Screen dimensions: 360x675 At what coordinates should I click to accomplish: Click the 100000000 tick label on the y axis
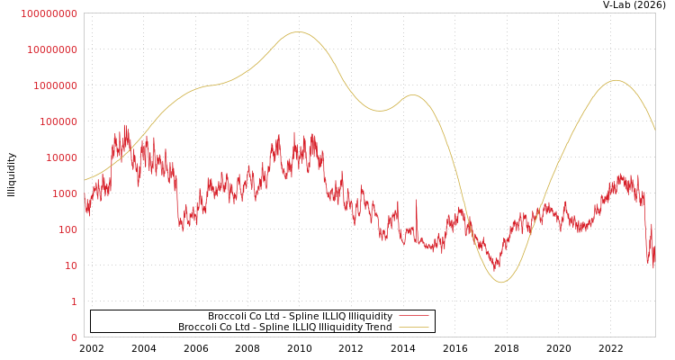coord(49,13)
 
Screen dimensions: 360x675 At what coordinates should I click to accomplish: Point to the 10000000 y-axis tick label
coord(52,49)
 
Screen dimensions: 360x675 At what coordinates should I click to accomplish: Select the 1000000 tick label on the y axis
coord(56,85)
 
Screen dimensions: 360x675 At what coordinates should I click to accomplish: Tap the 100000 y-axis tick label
coord(58,121)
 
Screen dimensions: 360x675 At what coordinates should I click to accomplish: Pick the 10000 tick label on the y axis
coord(61,157)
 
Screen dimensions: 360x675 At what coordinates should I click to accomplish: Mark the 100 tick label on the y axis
coord(67,229)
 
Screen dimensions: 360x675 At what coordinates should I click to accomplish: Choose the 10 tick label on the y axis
coord(71,265)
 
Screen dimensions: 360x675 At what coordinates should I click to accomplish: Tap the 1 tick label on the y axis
coord(74,301)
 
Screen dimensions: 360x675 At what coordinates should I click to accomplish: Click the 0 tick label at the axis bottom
coord(74,337)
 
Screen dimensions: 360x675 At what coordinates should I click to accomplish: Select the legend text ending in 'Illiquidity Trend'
coord(284,328)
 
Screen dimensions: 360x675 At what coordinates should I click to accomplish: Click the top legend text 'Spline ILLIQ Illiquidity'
coord(300,317)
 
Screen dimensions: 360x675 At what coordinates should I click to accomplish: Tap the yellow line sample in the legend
coord(413,328)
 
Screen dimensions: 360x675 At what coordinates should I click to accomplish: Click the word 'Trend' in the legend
coord(377,328)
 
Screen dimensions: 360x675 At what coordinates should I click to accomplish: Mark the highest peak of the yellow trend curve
coord(298,32)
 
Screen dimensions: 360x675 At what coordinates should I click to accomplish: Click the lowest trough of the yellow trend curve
coord(501,283)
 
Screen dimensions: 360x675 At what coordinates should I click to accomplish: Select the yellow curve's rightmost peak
coord(615,81)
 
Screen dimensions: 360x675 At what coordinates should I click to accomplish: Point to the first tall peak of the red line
coord(124,127)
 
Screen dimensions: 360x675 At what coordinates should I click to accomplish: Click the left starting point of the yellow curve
coord(85,180)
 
